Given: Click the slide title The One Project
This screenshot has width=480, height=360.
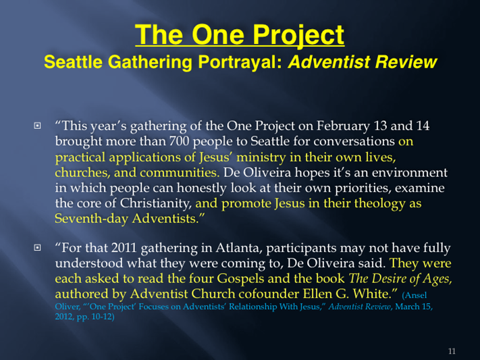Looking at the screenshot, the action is [x=240, y=35].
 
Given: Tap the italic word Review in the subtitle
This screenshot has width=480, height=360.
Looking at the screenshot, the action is [x=406, y=62].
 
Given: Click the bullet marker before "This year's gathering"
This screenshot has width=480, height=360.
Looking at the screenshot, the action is [x=37, y=126].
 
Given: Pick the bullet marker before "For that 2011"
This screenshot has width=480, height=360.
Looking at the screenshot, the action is [x=37, y=247].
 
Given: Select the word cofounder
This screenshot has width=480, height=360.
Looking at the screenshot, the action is [x=269, y=294].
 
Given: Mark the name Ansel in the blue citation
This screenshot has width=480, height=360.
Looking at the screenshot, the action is [x=415, y=295].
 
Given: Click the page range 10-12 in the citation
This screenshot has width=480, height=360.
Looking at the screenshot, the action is [x=101, y=317].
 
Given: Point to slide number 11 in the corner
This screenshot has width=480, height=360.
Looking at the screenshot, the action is [x=452, y=351].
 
